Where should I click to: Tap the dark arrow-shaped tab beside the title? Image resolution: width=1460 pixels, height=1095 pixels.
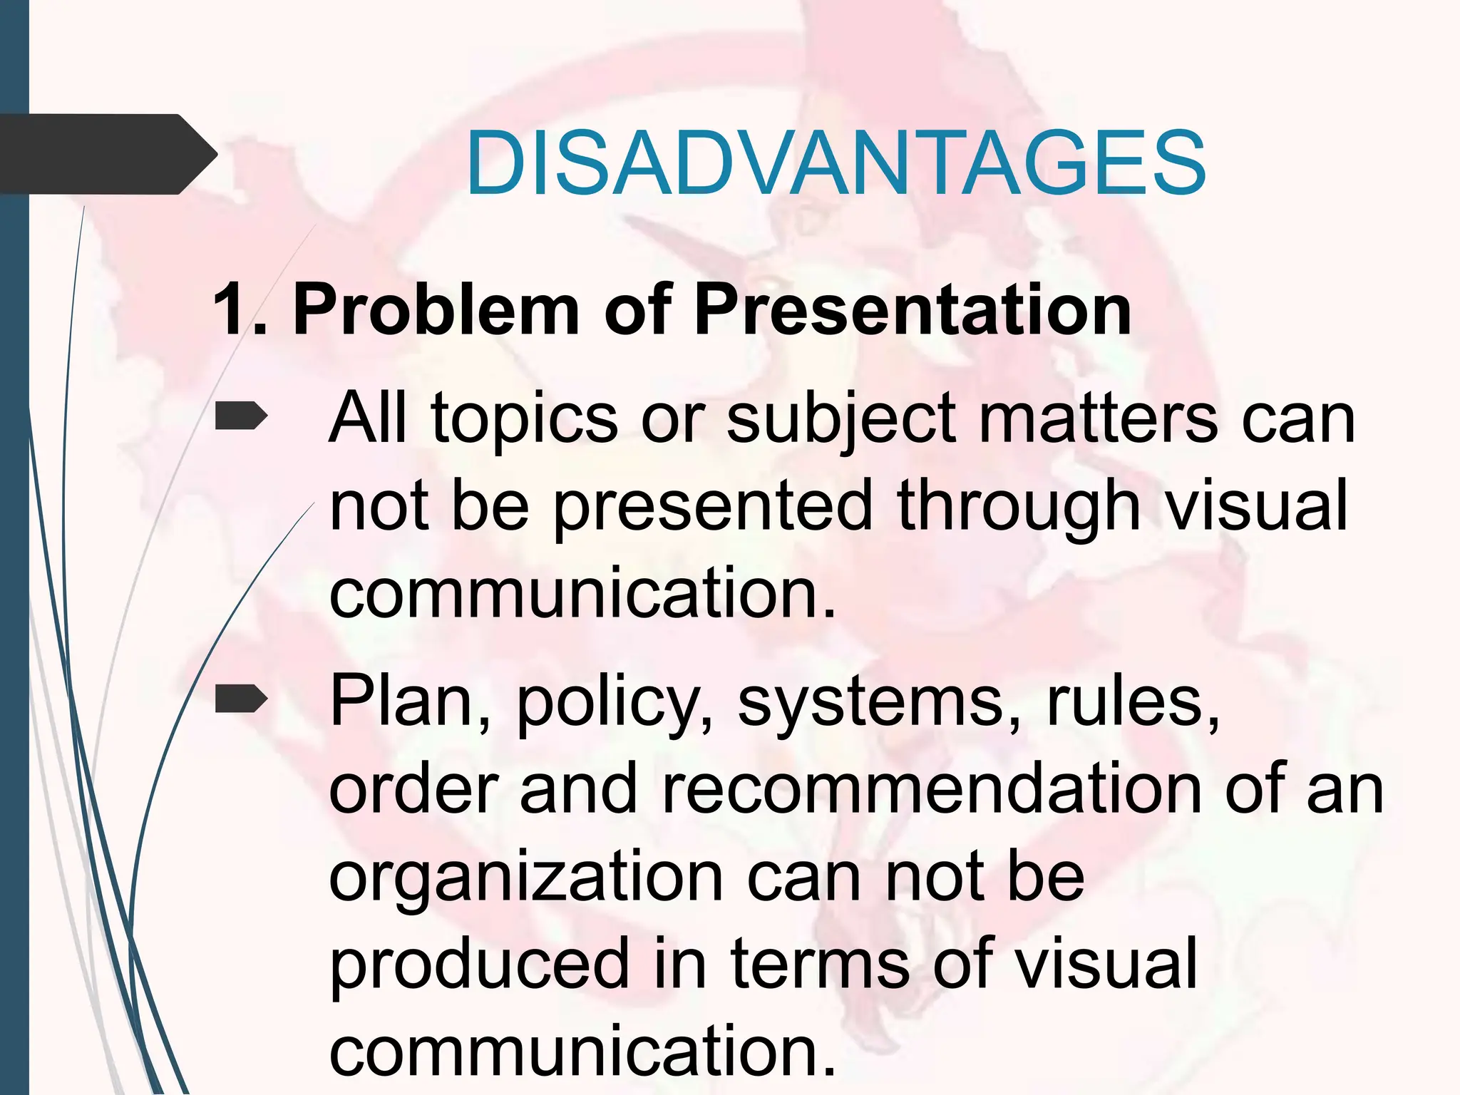tap(107, 154)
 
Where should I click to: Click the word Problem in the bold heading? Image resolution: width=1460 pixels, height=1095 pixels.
tap(436, 309)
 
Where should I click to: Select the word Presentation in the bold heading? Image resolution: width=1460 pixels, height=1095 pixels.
tap(912, 309)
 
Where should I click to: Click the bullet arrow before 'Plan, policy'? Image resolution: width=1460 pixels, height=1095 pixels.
tap(241, 699)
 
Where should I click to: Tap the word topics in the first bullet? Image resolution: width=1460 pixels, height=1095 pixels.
tap(524, 421)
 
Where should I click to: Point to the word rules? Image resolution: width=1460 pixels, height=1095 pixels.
tap(1133, 701)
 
